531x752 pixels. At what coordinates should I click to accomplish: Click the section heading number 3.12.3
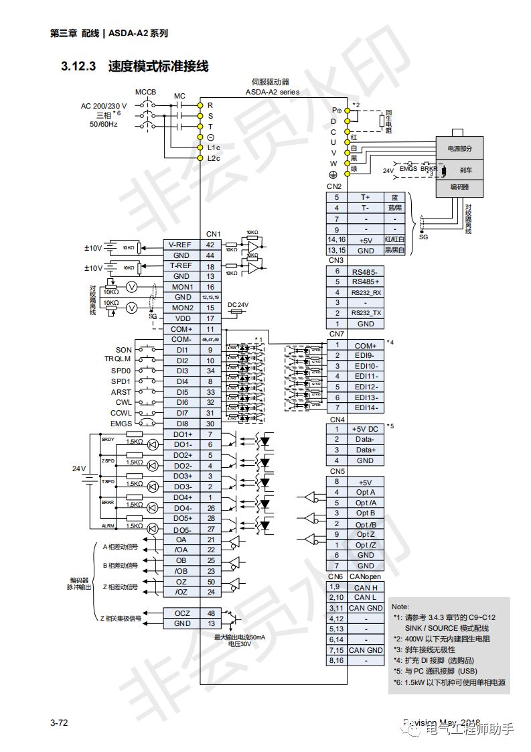click(79, 66)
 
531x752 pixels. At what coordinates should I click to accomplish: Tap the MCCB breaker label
click(145, 91)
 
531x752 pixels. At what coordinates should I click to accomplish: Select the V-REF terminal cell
click(181, 245)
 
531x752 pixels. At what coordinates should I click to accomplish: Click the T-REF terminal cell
click(181, 266)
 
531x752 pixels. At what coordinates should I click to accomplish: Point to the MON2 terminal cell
click(181, 308)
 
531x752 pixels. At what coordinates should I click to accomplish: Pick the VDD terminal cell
click(181, 318)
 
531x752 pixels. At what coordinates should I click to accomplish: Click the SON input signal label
click(124, 350)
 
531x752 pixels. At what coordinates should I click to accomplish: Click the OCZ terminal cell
click(181, 613)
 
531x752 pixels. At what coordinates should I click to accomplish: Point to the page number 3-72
click(60, 723)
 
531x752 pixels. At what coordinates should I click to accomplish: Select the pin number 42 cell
click(210, 245)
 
